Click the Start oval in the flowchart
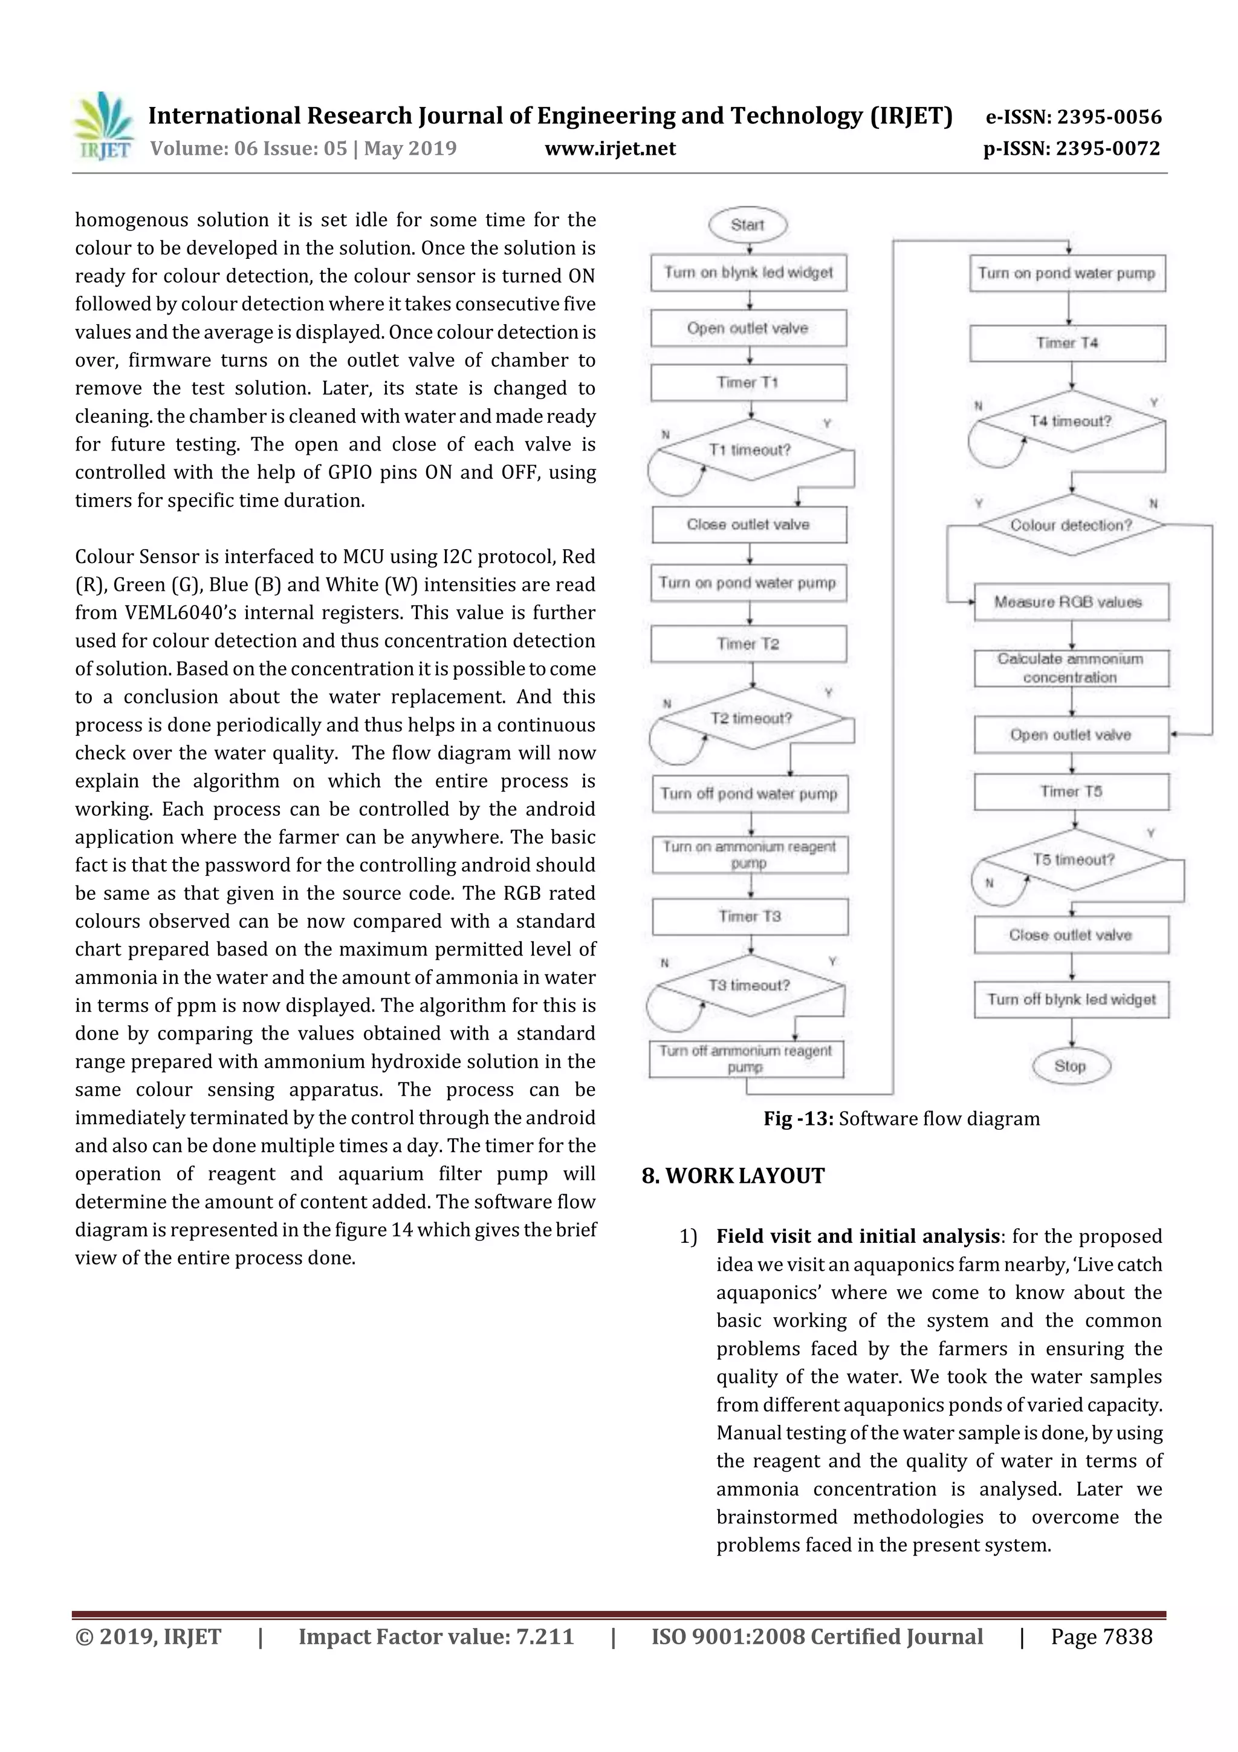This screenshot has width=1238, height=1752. (x=748, y=225)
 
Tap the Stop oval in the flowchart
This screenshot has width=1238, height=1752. (x=1070, y=1066)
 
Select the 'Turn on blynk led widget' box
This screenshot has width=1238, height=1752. (x=748, y=272)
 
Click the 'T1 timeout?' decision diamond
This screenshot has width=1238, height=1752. (x=751, y=450)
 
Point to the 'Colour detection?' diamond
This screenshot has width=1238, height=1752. (x=1071, y=525)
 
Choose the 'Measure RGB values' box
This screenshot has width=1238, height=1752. (x=1071, y=602)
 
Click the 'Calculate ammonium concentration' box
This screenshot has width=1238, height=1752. (x=1071, y=668)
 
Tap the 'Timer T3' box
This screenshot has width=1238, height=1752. (x=750, y=916)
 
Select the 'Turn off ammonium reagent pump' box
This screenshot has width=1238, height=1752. (x=746, y=1058)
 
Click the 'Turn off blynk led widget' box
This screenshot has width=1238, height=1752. (x=1071, y=999)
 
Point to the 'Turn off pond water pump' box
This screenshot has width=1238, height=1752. (x=749, y=793)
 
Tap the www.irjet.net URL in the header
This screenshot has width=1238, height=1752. (x=610, y=148)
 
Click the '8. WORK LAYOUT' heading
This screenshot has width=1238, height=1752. (x=733, y=1175)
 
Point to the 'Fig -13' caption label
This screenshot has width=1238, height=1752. (x=799, y=1119)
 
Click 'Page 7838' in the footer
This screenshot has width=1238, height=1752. (x=1101, y=1636)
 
